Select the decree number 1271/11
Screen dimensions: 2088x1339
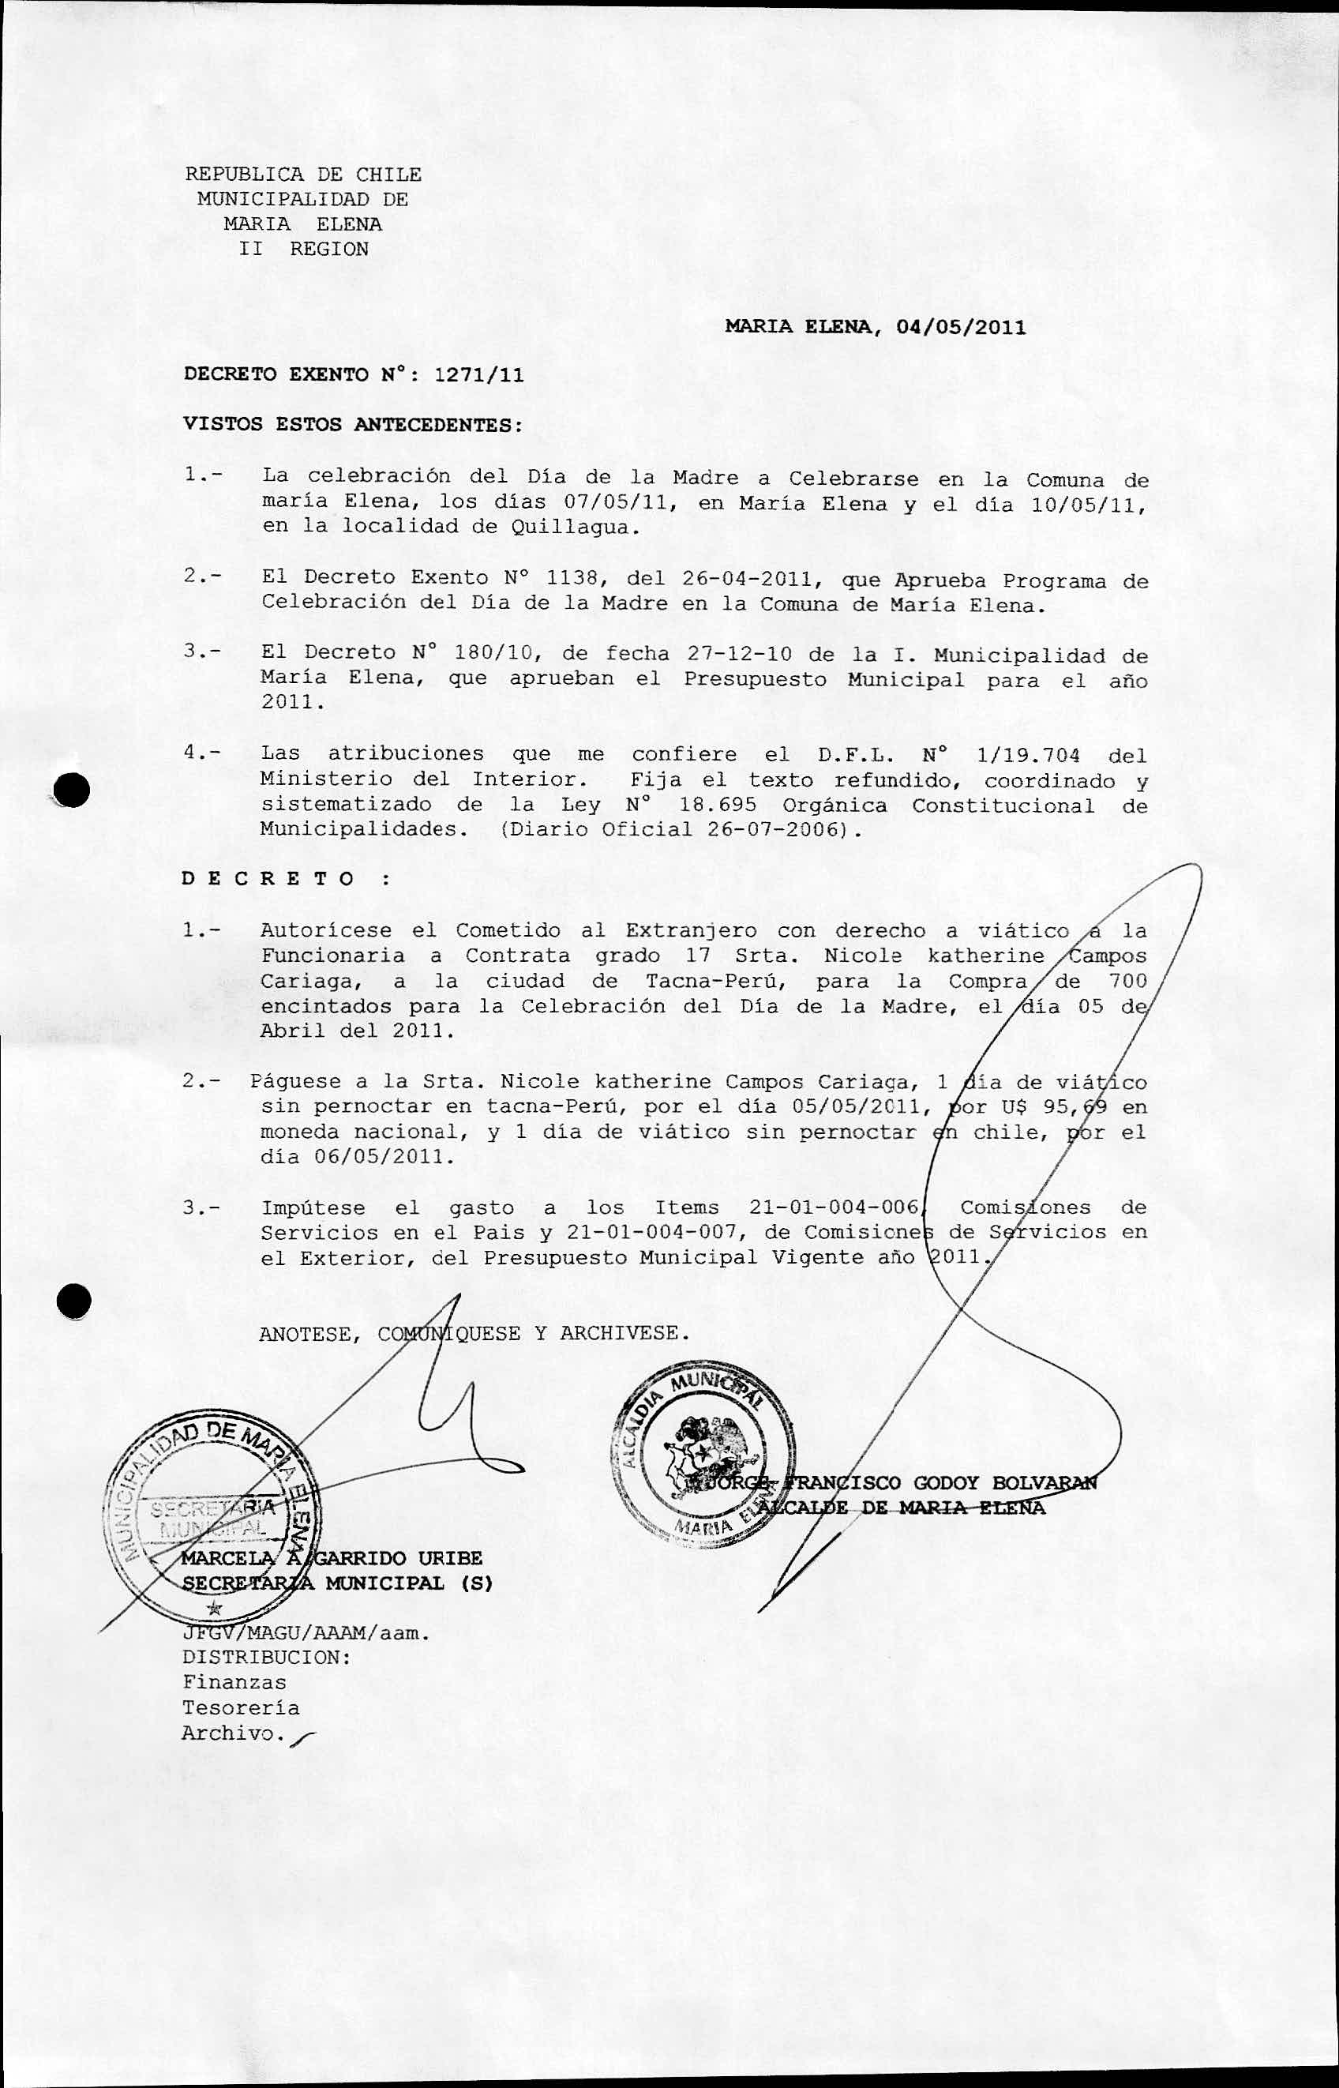point(478,375)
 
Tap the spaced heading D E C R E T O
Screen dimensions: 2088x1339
point(268,878)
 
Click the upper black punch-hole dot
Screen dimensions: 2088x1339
point(72,790)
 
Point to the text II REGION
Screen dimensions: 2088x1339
point(303,249)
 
